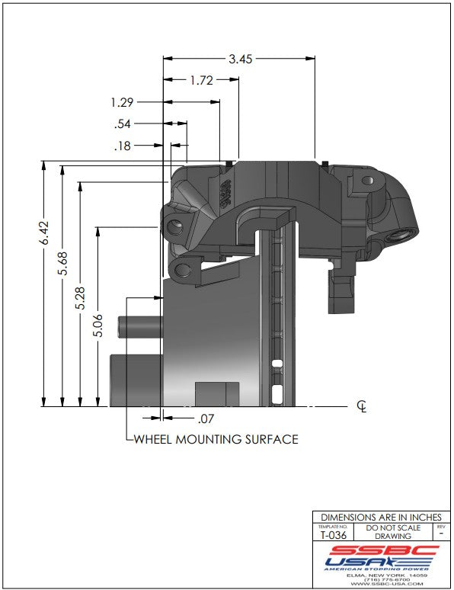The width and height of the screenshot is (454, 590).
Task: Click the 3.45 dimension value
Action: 241,59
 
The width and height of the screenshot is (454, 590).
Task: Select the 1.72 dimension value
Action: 201,80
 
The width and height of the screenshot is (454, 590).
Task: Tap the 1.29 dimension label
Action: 122,102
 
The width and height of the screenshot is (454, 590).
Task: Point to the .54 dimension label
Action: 123,123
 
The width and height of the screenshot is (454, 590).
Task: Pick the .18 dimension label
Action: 123,146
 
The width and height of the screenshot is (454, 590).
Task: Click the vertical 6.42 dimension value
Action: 44,233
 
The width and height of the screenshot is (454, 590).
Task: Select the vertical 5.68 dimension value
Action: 62,264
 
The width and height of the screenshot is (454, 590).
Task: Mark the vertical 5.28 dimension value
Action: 80,298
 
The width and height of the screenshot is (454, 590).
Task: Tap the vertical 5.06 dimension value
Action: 98,325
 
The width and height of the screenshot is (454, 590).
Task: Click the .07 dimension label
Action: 206,418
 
